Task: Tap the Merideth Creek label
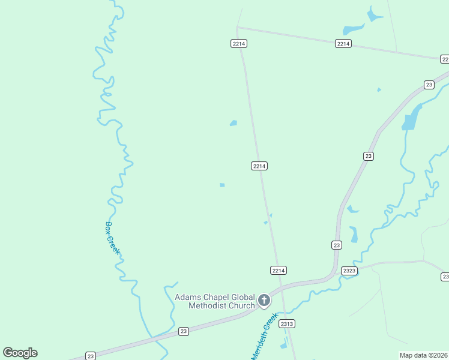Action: pos(265,336)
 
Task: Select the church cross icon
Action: pos(264,300)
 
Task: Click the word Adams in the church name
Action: pos(189,297)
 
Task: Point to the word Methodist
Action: pos(208,305)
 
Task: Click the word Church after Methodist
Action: pos(242,305)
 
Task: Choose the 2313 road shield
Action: pos(287,324)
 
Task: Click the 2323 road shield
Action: pos(349,271)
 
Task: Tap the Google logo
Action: pos(20,353)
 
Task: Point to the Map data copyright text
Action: pos(424,355)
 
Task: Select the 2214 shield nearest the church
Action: pos(278,271)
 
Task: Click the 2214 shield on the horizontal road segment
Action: pos(343,44)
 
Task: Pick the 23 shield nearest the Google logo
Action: pos(90,355)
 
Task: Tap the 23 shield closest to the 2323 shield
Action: pos(336,245)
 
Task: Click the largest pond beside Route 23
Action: pos(410,119)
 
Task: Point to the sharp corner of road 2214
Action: pos(237,27)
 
